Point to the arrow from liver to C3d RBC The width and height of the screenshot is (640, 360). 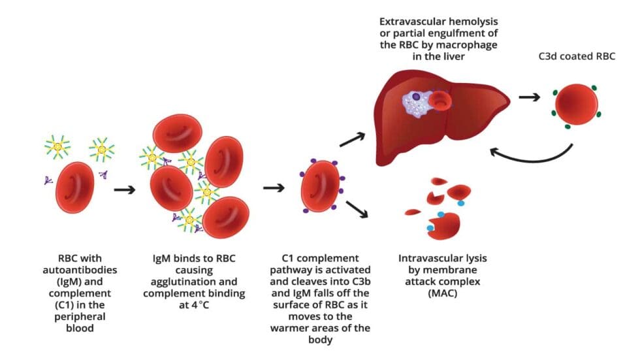(x=530, y=99)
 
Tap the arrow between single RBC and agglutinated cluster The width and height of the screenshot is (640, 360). (x=124, y=190)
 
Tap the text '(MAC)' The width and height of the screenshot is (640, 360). (x=442, y=293)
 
